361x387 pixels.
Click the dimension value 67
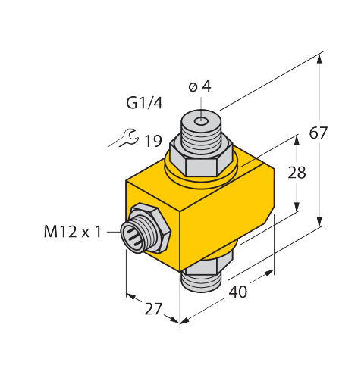click(x=318, y=133)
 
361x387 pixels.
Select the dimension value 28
click(x=297, y=173)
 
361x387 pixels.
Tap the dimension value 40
click(x=237, y=292)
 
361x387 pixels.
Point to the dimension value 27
click(x=153, y=308)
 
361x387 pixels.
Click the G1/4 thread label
click(x=144, y=103)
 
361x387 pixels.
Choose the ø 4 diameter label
click(x=199, y=86)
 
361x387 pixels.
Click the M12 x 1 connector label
click(x=73, y=232)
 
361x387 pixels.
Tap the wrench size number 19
click(x=152, y=141)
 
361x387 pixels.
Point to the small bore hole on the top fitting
click(x=201, y=122)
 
